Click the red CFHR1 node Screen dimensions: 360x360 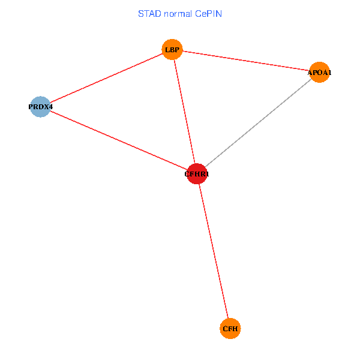197,174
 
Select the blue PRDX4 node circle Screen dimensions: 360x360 40,107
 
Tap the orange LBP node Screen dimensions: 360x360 172,49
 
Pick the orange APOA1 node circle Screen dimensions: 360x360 319,73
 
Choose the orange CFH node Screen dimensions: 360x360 230,329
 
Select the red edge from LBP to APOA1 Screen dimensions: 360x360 246,61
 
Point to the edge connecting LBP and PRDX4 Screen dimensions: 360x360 106,78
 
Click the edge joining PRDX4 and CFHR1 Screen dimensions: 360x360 119,140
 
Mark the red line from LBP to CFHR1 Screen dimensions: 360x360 185,112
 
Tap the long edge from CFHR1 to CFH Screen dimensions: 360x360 214,251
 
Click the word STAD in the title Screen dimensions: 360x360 149,13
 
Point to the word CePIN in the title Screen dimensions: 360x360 208,13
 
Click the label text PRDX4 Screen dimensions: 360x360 41,107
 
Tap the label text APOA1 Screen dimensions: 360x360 319,73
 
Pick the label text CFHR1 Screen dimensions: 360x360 197,175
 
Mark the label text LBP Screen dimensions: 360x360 172,50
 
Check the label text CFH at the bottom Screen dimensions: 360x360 230,329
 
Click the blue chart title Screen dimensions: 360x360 180,13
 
